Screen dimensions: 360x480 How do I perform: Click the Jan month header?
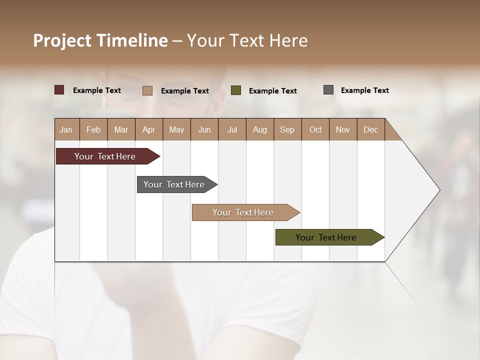point(66,129)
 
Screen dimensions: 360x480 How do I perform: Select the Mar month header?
point(121,129)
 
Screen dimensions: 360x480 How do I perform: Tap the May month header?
point(176,129)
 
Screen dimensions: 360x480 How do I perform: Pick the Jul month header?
point(232,129)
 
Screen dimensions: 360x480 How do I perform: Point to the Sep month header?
point(287,129)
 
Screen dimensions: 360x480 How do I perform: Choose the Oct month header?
point(315,129)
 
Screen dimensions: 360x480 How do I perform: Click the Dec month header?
point(370,129)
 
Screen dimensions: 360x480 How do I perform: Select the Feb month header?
point(93,129)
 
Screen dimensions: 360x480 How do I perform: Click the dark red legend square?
point(59,90)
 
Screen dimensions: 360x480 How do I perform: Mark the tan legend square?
point(147,90)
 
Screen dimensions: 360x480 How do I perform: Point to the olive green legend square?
point(236,90)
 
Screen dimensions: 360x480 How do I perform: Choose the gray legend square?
point(328,90)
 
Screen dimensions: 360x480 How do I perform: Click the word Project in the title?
point(62,40)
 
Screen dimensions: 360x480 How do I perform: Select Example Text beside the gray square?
point(364,90)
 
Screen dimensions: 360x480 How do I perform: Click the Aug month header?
point(259,129)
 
